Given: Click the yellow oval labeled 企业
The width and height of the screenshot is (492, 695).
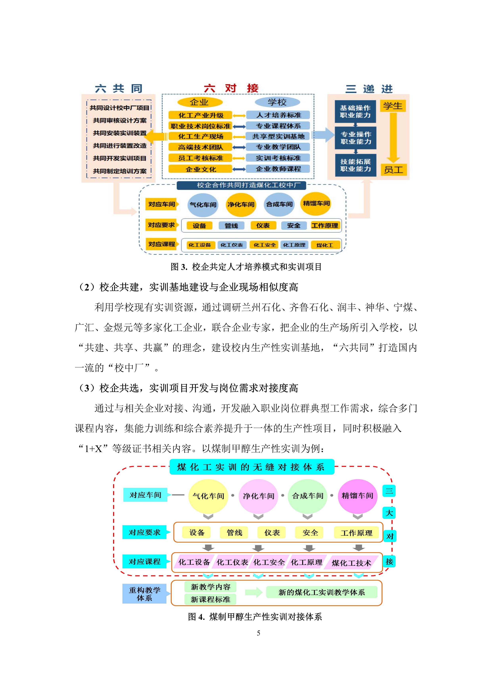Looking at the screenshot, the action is [x=200, y=102].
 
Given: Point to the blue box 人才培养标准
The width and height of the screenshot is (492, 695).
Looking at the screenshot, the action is [x=278, y=115].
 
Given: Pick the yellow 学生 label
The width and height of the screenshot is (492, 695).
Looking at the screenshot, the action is [x=393, y=106].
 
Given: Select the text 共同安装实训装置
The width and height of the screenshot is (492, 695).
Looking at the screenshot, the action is [x=120, y=133].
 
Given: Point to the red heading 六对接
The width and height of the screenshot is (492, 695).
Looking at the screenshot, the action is [x=231, y=88].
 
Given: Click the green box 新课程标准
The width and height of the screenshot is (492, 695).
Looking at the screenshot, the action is [x=210, y=599].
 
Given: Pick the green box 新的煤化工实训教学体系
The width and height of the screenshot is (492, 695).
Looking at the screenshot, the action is [x=322, y=592].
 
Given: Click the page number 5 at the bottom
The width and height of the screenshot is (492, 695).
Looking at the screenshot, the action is [x=258, y=633].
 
